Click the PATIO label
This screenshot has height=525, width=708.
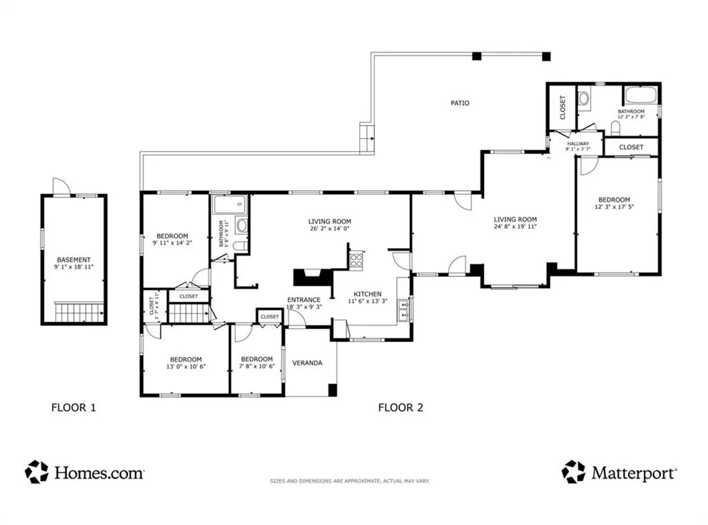[460, 104]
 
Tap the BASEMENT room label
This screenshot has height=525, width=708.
[73, 260]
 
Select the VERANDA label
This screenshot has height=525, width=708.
[307, 363]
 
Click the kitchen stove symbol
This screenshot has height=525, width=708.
[356, 260]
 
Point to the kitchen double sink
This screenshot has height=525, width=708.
[404, 309]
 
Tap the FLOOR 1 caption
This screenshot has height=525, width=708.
[73, 408]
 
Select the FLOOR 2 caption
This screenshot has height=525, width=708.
[400, 408]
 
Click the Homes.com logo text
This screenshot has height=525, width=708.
[99, 472]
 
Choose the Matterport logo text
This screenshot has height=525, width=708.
[634, 472]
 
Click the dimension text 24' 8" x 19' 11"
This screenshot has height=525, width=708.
[515, 227]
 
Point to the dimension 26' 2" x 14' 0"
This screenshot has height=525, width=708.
[330, 229]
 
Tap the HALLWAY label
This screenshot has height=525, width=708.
[578, 144]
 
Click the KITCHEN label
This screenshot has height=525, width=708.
[368, 294]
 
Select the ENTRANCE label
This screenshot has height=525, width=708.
[304, 300]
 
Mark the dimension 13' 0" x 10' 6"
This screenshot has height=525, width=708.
[185, 367]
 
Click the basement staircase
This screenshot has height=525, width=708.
[80, 312]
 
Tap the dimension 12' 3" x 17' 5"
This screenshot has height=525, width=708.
[614, 207]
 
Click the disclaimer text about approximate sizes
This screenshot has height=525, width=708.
[350, 481]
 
